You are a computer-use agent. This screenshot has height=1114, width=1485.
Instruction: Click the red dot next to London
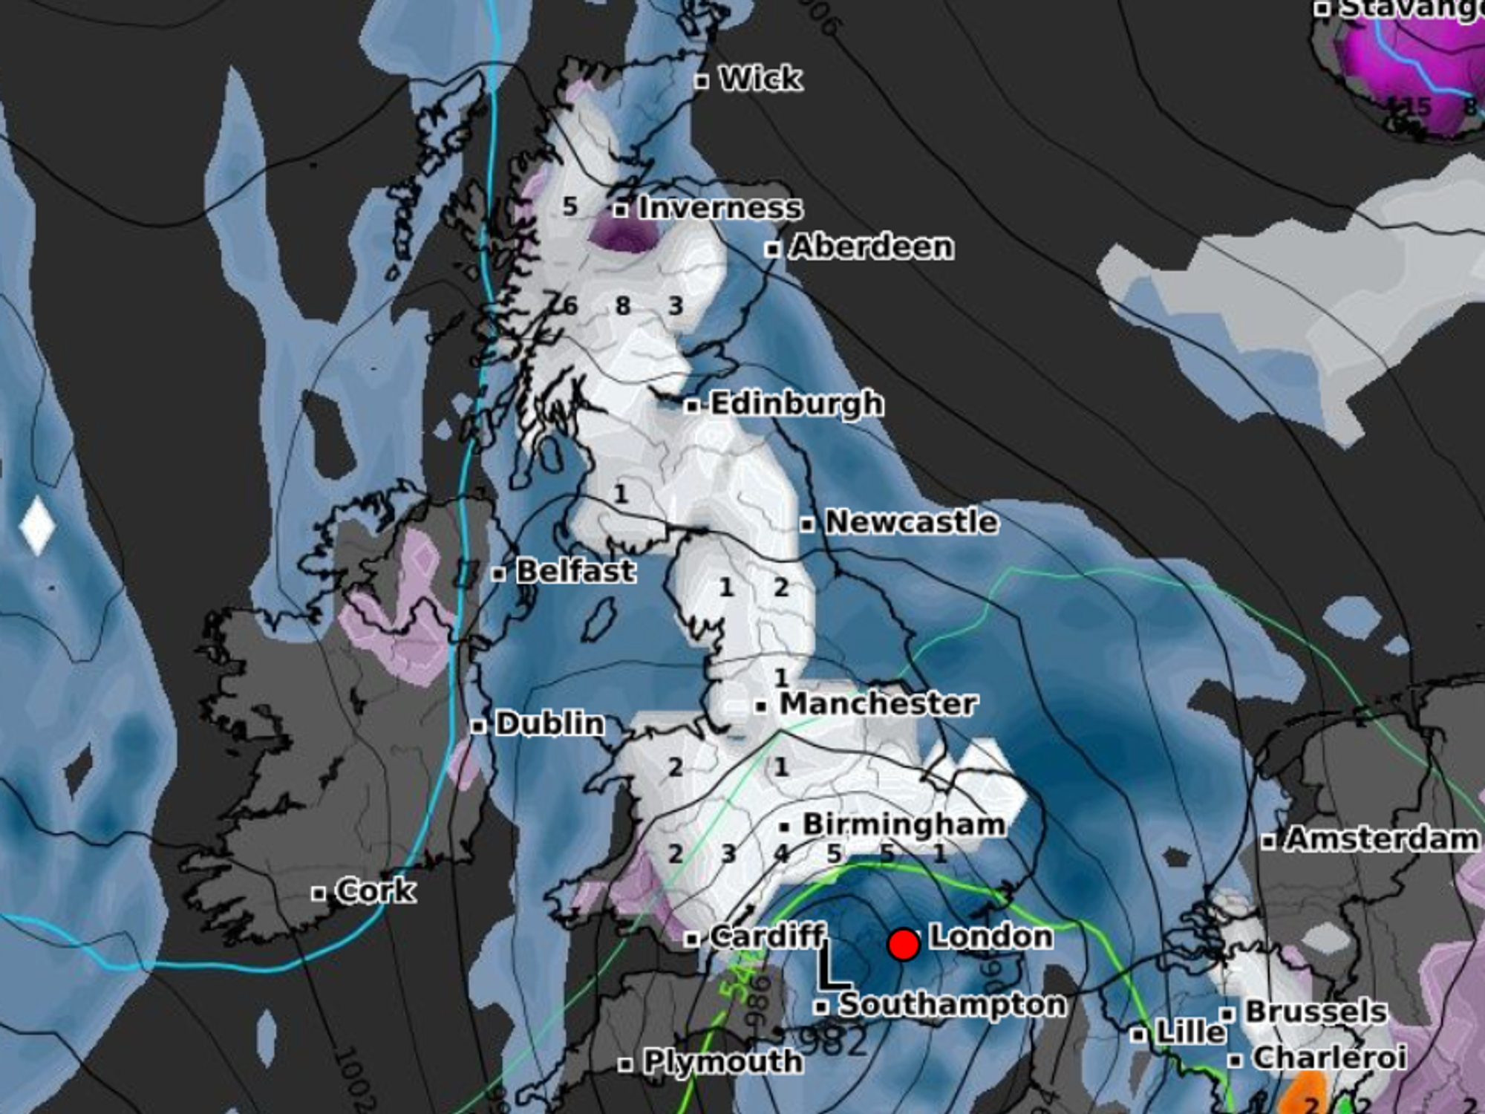[x=904, y=944]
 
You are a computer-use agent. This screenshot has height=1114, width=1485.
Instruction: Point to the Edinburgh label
[x=797, y=404]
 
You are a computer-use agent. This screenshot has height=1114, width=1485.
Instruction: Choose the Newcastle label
[x=911, y=522]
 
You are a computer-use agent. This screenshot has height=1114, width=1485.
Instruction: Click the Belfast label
[x=575, y=571]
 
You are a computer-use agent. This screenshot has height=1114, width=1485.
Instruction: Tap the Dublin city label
[x=549, y=723]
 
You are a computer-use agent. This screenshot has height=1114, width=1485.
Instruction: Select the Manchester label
[x=878, y=703]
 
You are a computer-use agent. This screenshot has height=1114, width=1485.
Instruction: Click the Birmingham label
[x=904, y=824]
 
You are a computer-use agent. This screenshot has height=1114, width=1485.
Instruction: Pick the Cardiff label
[x=767, y=937]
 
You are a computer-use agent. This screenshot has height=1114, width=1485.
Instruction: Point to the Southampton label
[x=952, y=1005]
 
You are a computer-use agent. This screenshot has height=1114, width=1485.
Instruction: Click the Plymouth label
[x=722, y=1061]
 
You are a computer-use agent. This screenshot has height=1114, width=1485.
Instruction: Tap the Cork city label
[x=375, y=890]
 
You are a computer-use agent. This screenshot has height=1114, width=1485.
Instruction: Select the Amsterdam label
[x=1382, y=839]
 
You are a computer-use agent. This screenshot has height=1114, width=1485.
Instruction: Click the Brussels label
[x=1316, y=1012]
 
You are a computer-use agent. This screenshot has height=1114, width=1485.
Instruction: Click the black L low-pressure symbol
[x=832, y=968]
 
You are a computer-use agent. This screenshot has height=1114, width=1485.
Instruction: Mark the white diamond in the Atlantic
[x=37, y=526]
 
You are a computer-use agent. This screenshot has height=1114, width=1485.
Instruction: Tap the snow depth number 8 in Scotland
[x=623, y=305]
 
